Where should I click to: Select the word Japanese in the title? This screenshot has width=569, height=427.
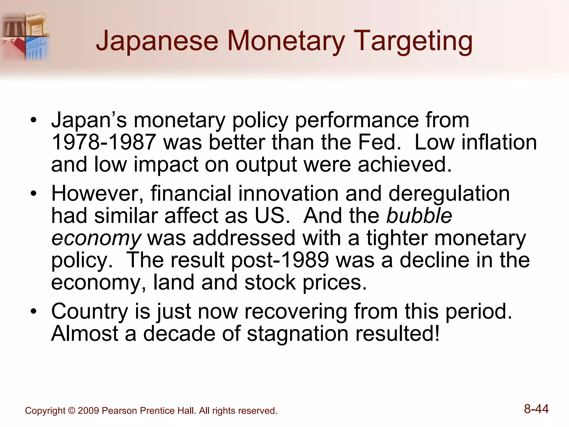click(x=157, y=42)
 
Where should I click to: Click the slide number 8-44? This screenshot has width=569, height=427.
click(x=536, y=409)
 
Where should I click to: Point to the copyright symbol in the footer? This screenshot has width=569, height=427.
click(x=71, y=411)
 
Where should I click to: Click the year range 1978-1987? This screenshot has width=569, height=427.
click(x=103, y=142)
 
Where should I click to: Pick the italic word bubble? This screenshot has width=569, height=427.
click(x=419, y=216)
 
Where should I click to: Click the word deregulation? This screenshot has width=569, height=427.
click(x=449, y=193)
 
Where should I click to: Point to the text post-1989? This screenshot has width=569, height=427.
click(x=280, y=260)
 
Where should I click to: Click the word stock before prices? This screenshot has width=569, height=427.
click(x=270, y=282)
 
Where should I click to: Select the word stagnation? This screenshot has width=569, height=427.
click(x=298, y=334)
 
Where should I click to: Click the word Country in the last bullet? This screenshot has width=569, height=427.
click(x=89, y=311)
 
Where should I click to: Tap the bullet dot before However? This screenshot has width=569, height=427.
click(x=34, y=193)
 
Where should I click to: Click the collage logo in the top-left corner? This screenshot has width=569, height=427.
click(x=25, y=36)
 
